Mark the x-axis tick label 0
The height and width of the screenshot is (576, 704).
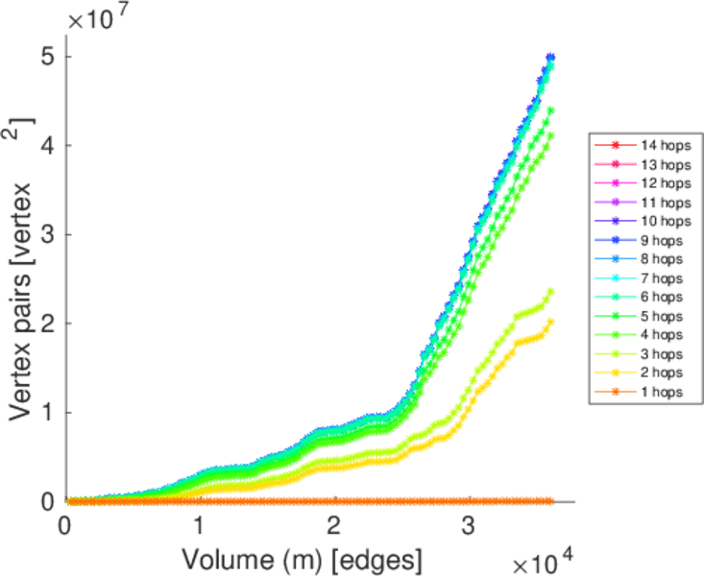[65, 526]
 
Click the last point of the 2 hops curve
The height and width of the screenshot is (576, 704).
[550, 322]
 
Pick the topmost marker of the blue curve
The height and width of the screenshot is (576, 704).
[550, 58]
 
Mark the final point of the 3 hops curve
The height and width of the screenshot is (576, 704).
[550, 292]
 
